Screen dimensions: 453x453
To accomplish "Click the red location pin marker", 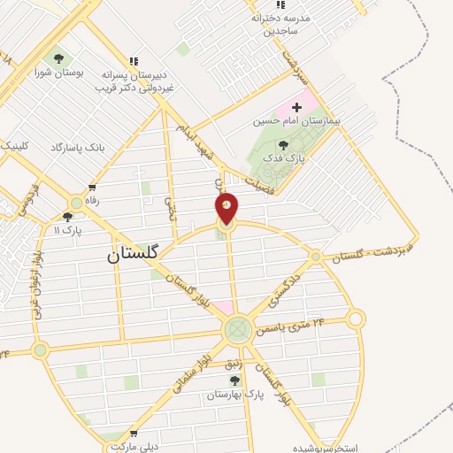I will [x=227, y=208].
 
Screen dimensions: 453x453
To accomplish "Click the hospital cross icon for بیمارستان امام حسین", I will [x=296, y=108].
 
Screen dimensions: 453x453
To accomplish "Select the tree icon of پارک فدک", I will [x=283, y=145].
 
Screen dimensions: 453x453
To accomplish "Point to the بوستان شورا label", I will [x=59, y=74].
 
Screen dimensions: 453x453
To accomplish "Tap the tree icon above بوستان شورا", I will [x=58, y=59].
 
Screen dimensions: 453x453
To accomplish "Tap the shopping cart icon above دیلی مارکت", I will [x=134, y=434].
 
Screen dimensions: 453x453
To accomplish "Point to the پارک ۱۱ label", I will [x=67, y=230].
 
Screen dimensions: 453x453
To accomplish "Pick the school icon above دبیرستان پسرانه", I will [x=133, y=60].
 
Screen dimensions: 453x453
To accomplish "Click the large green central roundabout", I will [x=237, y=330].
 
